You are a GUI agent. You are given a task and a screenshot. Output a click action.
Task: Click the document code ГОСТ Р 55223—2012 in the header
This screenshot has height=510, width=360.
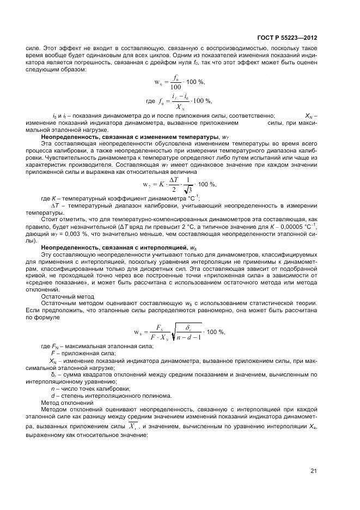pos(287,38)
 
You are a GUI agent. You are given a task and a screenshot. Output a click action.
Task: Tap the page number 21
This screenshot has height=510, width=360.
pos(314,471)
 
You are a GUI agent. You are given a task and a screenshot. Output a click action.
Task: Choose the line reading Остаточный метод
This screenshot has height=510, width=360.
pos(68,296)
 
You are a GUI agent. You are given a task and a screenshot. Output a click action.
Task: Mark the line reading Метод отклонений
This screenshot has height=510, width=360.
pos(68,403)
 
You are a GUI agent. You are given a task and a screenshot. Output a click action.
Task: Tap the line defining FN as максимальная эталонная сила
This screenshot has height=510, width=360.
pos(97,347)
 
